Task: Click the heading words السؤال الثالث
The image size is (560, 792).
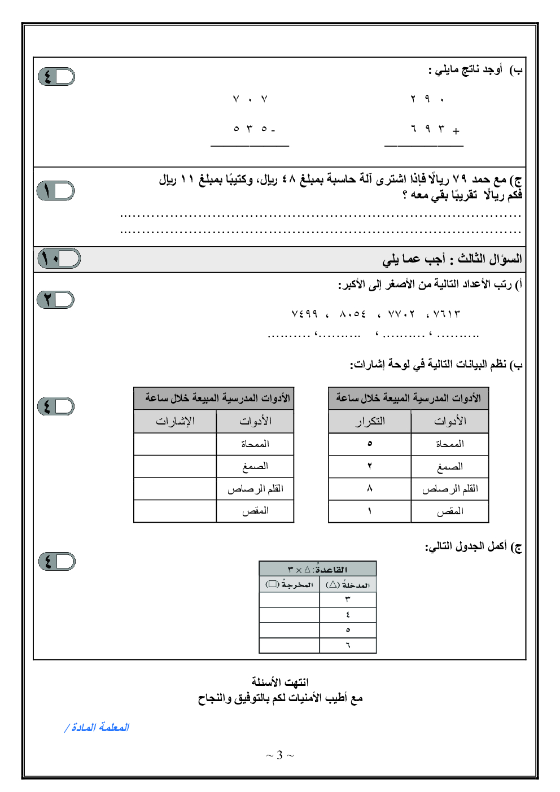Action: click(x=489, y=259)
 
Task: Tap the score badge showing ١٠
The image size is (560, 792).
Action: click(x=59, y=259)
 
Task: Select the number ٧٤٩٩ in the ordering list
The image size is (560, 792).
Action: click(x=305, y=314)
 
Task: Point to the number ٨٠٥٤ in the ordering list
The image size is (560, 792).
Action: click(x=353, y=314)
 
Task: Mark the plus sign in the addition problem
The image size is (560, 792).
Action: click(x=456, y=131)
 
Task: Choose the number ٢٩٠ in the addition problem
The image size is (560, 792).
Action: click(x=427, y=99)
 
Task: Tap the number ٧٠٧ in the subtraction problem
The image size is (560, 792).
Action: click(x=250, y=99)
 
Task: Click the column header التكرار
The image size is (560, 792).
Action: click(x=370, y=421)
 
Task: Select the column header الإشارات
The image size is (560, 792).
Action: click(x=175, y=421)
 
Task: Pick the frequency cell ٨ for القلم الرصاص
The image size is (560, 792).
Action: click(x=370, y=489)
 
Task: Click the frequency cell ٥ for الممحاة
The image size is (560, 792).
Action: click(x=370, y=444)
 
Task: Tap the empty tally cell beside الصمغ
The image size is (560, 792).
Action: click(x=175, y=466)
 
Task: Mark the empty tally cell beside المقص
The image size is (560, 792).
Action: click(x=175, y=511)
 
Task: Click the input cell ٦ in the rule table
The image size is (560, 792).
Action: click(x=348, y=645)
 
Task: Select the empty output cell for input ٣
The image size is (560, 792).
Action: click(x=289, y=600)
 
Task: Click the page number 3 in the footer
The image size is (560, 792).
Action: click(x=280, y=755)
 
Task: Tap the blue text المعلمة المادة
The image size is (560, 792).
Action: click(x=97, y=728)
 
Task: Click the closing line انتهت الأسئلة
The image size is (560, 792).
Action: click(x=280, y=682)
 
